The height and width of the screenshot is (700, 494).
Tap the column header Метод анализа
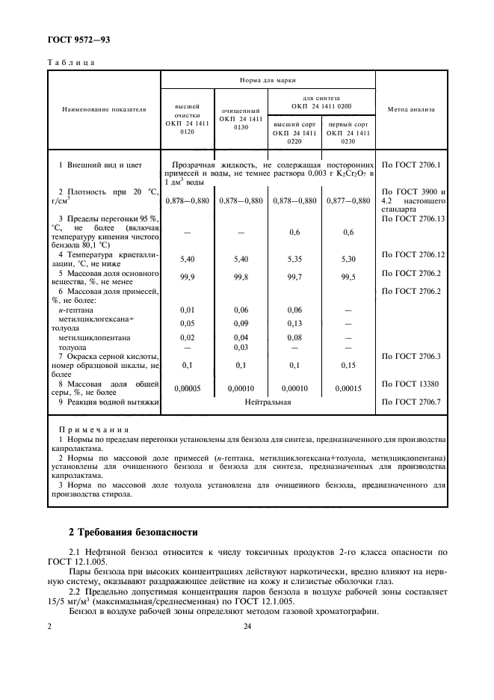coord(411,109)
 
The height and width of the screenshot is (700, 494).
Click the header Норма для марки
coord(268,79)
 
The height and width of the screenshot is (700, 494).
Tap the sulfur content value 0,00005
coord(188,388)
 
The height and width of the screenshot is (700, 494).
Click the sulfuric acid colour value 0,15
coord(348,365)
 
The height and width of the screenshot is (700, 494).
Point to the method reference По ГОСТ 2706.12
coord(413,254)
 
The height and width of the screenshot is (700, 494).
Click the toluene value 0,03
coord(241,347)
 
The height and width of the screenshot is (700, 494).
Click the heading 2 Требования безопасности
coord(132,532)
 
